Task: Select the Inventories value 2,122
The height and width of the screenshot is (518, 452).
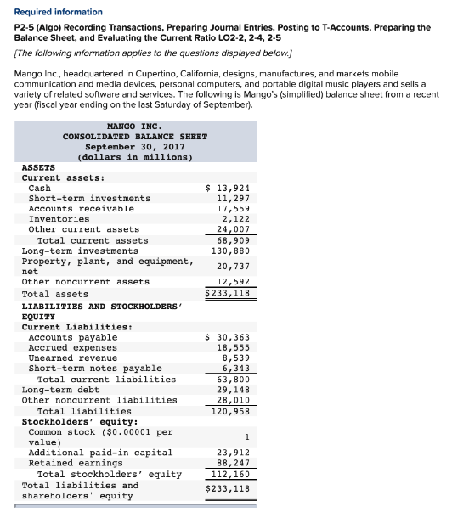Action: pos(234,218)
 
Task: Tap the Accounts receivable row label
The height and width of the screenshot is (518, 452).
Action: pos(81,208)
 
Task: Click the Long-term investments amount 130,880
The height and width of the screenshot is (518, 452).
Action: pos(229,251)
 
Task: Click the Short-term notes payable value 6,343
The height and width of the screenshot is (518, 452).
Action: pos(234,369)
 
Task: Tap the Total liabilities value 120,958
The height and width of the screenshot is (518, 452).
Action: pos(229,411)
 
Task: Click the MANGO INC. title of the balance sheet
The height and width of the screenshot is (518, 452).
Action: pos(134,126)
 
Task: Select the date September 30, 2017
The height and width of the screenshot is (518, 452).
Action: pos(134,146)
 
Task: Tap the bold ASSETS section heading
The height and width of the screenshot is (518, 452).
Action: pos(37,167)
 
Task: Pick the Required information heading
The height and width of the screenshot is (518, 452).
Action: pos(58,12)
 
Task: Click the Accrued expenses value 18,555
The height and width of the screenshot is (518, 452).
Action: pos(232,348)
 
